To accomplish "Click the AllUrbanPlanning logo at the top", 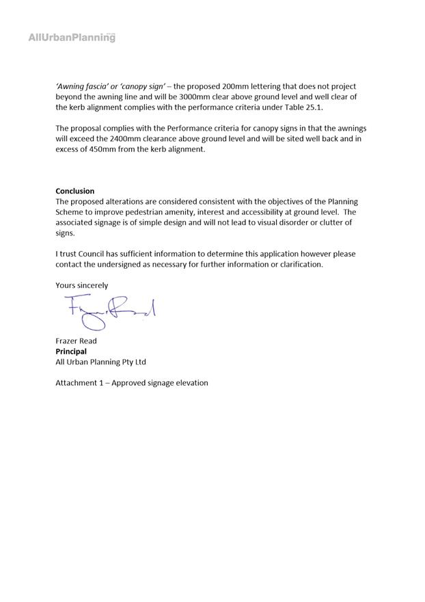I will pos(72,38).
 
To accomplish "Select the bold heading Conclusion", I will pos(75,191).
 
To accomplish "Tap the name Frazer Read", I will pos(76,341).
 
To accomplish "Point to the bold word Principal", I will pos(71,351).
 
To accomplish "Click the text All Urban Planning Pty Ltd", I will pos(100,362).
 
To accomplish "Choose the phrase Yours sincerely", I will pos(81,285).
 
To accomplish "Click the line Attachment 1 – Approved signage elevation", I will pos(132,383).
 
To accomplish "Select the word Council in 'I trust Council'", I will pos(92,254).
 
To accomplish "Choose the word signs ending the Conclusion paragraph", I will pos(65,233).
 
